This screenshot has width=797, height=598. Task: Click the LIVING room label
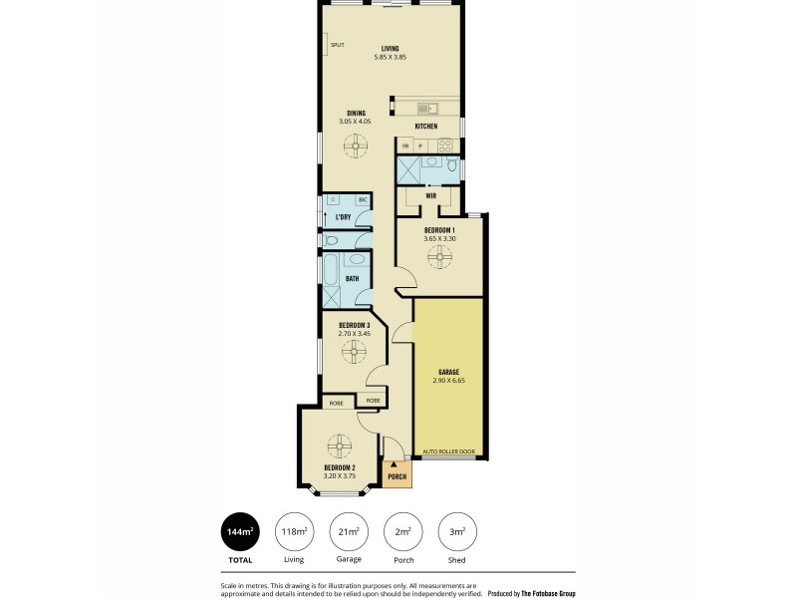[390, 48]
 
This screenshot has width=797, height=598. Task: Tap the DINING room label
[356, 113]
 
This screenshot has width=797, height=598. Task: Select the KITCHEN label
[426, 127]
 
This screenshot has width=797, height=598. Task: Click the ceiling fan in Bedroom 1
[439, 258]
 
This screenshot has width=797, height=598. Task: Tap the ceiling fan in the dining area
[356, 147]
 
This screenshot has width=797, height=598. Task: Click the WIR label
[430, 196]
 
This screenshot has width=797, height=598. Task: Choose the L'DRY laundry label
[343, 216]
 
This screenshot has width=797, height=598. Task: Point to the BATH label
[352, 278]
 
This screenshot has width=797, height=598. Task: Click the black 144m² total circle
[239, 533]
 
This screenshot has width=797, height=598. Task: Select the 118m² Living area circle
[294, 533]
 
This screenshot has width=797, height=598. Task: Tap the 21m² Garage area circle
[349, 533]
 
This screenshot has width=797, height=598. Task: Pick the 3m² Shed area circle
[458, 533]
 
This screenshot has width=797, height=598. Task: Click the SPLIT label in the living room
[337, 45]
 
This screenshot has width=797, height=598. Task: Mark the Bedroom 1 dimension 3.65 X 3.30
[439, 238]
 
